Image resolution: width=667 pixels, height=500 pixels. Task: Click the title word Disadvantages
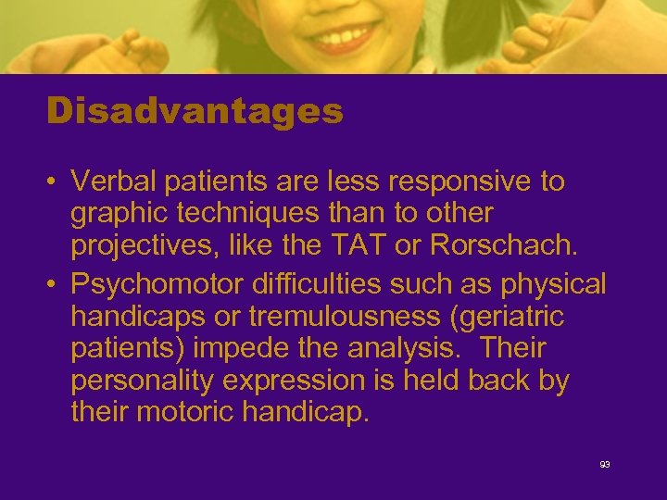(x=195, y=112)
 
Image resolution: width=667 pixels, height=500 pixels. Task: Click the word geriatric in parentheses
(x=516, y=317)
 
